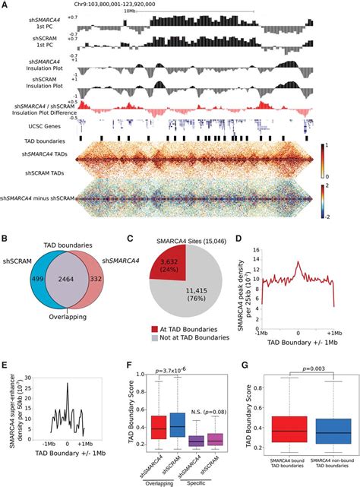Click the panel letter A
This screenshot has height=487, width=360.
tap(5, 6)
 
